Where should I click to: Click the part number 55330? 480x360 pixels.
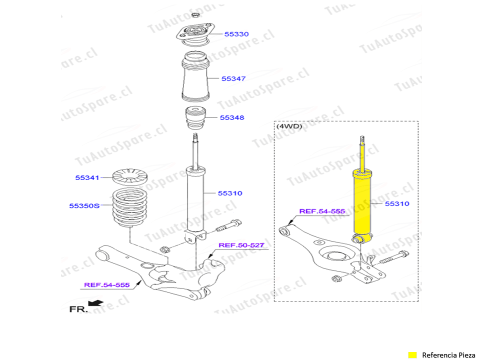[236, 34]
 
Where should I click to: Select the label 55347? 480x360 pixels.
[233, 78]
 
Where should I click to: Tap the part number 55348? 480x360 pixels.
[232, 117]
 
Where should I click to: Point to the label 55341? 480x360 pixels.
[87, 177]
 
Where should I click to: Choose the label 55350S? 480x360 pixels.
[84, 205]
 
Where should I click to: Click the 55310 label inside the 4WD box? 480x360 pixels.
[397, 203]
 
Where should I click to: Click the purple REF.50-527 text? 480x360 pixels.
[241, 245]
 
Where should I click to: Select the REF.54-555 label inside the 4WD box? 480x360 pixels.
[322, 211]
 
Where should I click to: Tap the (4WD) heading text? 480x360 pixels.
[289, 126]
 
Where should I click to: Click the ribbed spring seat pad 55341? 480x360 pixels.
[130, 177]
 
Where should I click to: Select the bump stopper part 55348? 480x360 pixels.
[195, 118]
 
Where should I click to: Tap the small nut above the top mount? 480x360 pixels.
[195, 15]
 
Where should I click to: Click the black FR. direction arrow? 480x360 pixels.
[96, 303]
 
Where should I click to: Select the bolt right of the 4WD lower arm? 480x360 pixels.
[394, 258]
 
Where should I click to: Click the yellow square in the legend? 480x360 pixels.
[412, 355]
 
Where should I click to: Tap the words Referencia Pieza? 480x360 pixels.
[448, 355]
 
